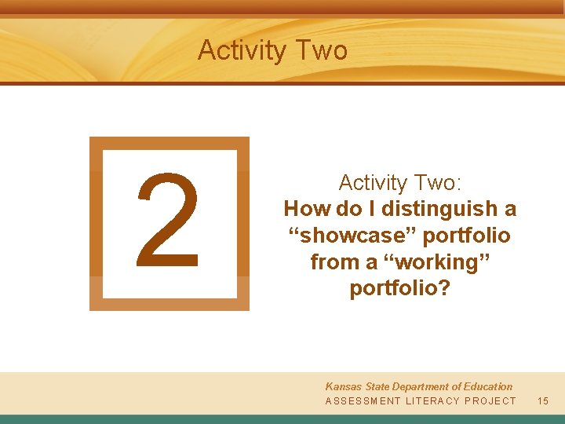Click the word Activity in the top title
[242, 51]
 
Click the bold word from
[333, 262]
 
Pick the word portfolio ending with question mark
[400, 289]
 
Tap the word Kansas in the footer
[344, 386]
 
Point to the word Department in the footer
[428, 386]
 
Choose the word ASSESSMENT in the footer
[362, 401]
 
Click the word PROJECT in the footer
[490, 401]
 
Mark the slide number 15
[543, 401]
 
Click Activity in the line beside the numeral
[369, 183]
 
